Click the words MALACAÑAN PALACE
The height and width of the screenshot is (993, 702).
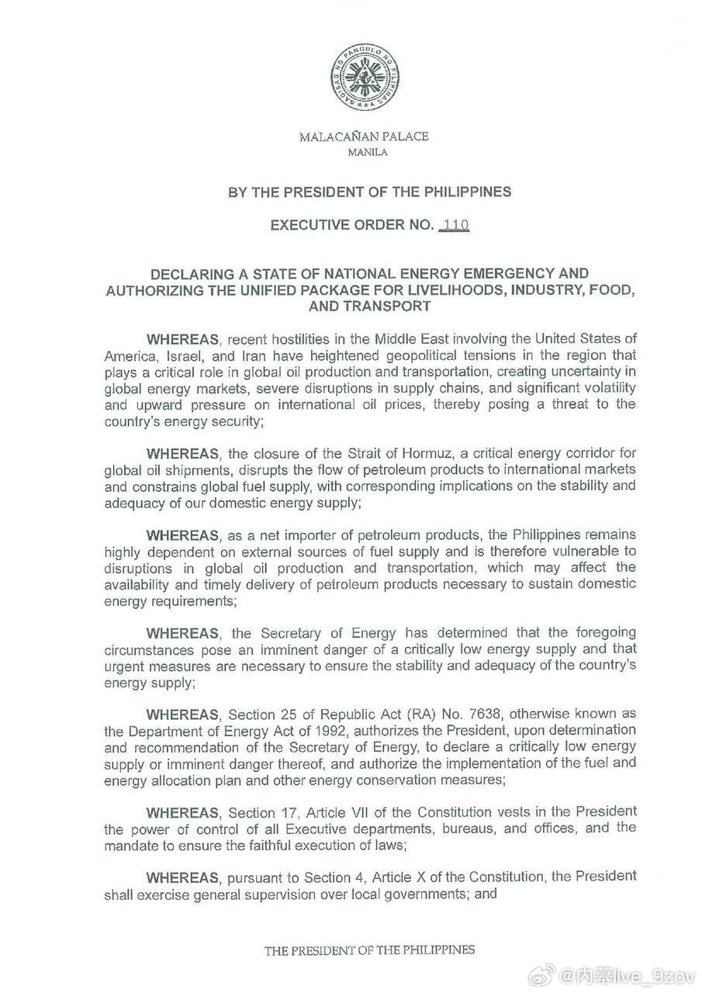(364, 137)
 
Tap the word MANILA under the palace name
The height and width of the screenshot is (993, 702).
(364, 152)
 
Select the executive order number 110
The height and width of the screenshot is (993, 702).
(454, 225)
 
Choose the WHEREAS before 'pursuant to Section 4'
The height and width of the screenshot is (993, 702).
(183, 877)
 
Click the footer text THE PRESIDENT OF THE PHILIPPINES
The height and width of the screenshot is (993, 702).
(369, 950)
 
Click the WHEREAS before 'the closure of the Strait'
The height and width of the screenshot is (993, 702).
(183, 454)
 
